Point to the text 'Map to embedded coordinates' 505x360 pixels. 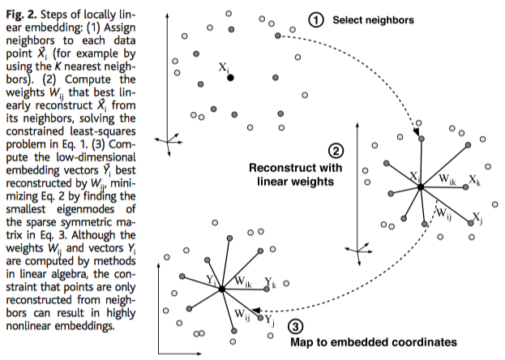373,341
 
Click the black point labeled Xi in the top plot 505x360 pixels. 230,78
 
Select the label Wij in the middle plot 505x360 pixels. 445,212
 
